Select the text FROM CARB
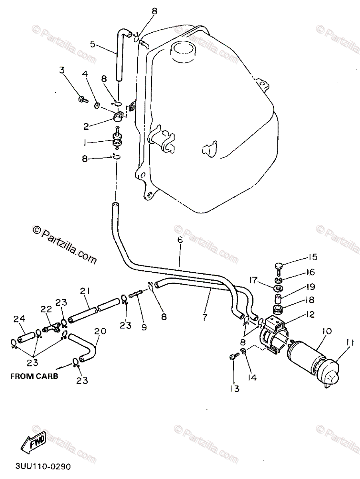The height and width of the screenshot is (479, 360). point(34,376)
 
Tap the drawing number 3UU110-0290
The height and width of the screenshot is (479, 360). point(44,466)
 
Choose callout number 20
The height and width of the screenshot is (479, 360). point(101,331)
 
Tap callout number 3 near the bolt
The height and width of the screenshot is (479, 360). point(62,70)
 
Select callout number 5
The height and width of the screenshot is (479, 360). point(93,44)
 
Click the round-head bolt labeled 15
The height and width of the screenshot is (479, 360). point(279,265)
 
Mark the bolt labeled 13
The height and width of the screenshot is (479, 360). point(233,357)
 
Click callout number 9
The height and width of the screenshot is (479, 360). point(144,327)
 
